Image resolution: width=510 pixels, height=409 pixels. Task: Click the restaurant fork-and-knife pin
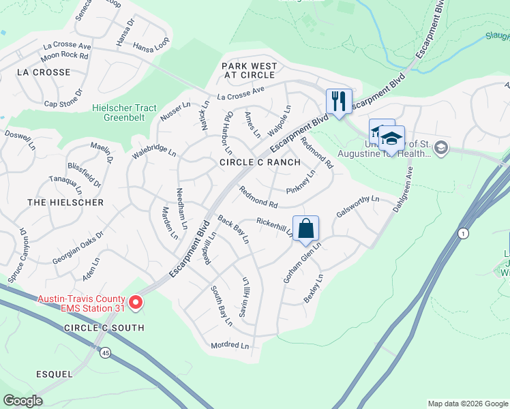[x=338, y=102]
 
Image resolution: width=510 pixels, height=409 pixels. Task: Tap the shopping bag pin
[x=306, y=228]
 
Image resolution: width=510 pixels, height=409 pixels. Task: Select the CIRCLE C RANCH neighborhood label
[x=260, y=162]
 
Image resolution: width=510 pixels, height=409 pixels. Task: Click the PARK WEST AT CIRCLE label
[x=250, y=70]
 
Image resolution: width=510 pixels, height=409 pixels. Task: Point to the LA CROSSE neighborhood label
[x=43, y=72]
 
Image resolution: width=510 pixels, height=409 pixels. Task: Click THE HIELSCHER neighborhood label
[x=65, y=202]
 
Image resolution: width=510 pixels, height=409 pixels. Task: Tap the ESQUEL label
[x=55, y=374]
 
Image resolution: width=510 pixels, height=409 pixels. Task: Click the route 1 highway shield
[x=464, y=233]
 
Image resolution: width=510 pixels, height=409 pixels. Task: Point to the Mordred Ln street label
[x=230, y=346]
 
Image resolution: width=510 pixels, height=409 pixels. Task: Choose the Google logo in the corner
[x=22, y=401]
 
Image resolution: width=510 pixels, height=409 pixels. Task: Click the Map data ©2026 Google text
[x=467, y=404]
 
